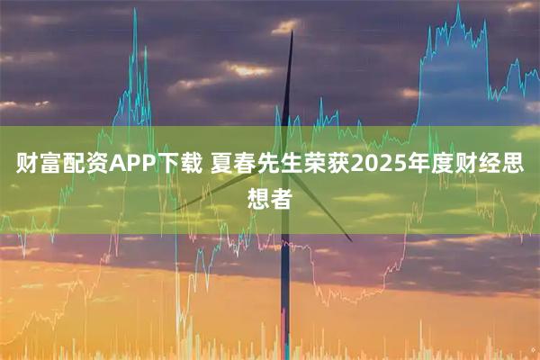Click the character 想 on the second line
pos(258,197)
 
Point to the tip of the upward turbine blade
pos(292,32)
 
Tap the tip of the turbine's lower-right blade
pos(351,240)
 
